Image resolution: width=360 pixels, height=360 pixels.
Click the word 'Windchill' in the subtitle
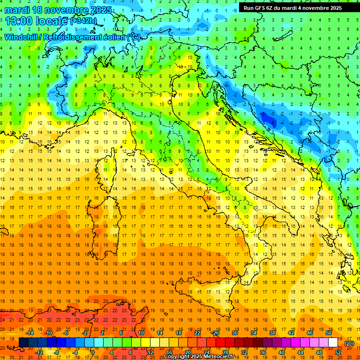[x=22, y=37]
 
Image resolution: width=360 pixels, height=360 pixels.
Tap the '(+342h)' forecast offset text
[x=84, y=21]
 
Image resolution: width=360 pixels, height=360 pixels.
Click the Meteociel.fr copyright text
[x=198, y=356]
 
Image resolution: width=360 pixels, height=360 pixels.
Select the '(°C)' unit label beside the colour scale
[x=349, y=343]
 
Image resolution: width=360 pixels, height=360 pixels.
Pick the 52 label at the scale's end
[x=338, y=352]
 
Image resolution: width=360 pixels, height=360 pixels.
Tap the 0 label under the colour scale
[x=93, y=352]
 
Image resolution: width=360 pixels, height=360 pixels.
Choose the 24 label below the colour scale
[x=206, y=352]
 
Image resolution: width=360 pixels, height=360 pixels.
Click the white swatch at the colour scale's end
[x=333, y=343]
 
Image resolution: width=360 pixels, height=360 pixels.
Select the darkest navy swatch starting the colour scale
[x=23, y=343]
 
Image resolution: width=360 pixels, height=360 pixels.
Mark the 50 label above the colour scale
[x=328, y=333]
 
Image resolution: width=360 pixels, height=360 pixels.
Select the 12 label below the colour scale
[x=150, y=352]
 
